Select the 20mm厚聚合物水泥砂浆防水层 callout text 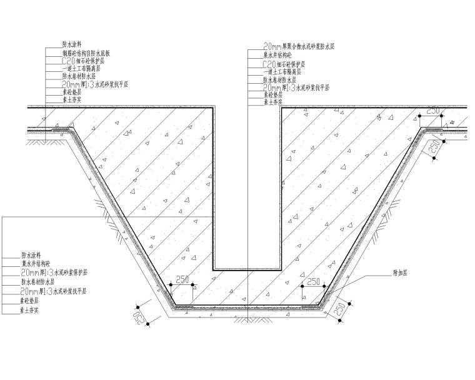pos(300,46)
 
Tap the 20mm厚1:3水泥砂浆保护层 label pos(54,273)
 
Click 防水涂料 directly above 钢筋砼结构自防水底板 pos(72,45)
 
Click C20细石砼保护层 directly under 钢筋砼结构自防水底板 pos(82,62)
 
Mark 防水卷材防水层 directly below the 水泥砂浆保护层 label pos(39,282)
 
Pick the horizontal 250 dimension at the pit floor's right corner pos(314,281)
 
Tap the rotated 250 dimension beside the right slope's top pos(433,149)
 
